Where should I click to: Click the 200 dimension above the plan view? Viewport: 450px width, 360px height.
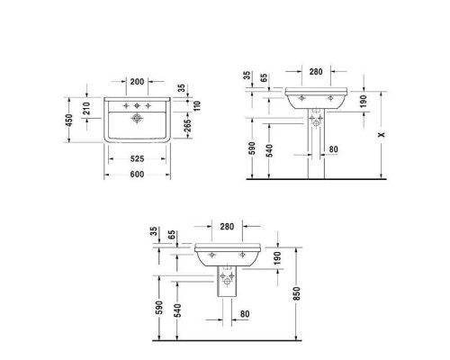point(137,81)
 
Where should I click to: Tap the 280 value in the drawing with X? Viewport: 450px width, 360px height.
point(315,71)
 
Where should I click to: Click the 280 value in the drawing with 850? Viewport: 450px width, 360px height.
point(227,227)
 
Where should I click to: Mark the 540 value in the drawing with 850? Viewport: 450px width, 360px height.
point(176,311)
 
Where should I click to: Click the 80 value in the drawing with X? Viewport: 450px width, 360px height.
point(335,150)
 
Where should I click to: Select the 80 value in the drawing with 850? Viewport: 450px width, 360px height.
point(246,313)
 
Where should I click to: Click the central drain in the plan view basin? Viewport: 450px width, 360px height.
point(137,118)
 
